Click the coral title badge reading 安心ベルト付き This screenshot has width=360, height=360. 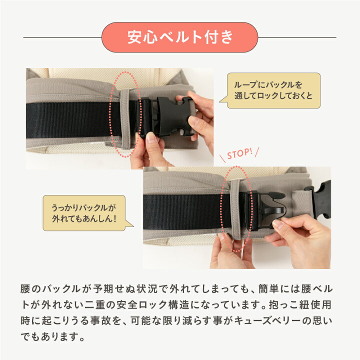pyautogui.click(x=179, y=37)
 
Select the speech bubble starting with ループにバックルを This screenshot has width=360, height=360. pyautogui.click(x=273, y=90)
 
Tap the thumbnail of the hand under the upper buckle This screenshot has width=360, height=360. pyautogui.click(x=151, y=138)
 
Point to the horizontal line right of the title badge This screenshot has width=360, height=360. pyautogui.click(x=297, y=37)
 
